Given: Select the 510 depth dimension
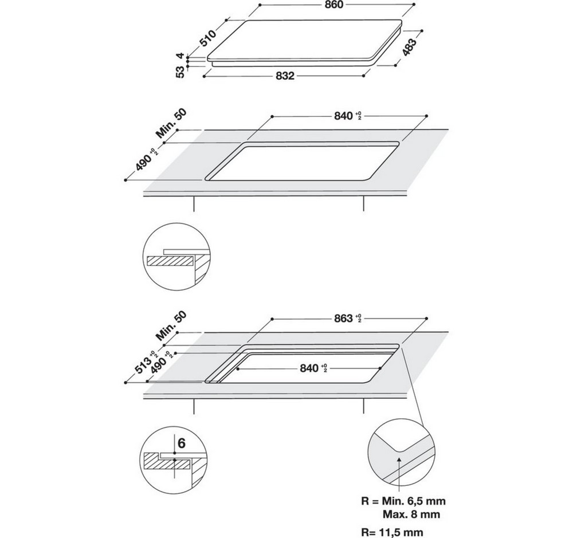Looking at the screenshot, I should pos(208,37).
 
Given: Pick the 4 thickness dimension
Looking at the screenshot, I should pos(180,56).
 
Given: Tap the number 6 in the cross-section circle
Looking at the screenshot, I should pos(182,443).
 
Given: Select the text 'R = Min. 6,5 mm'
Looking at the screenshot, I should pos(405,501).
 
